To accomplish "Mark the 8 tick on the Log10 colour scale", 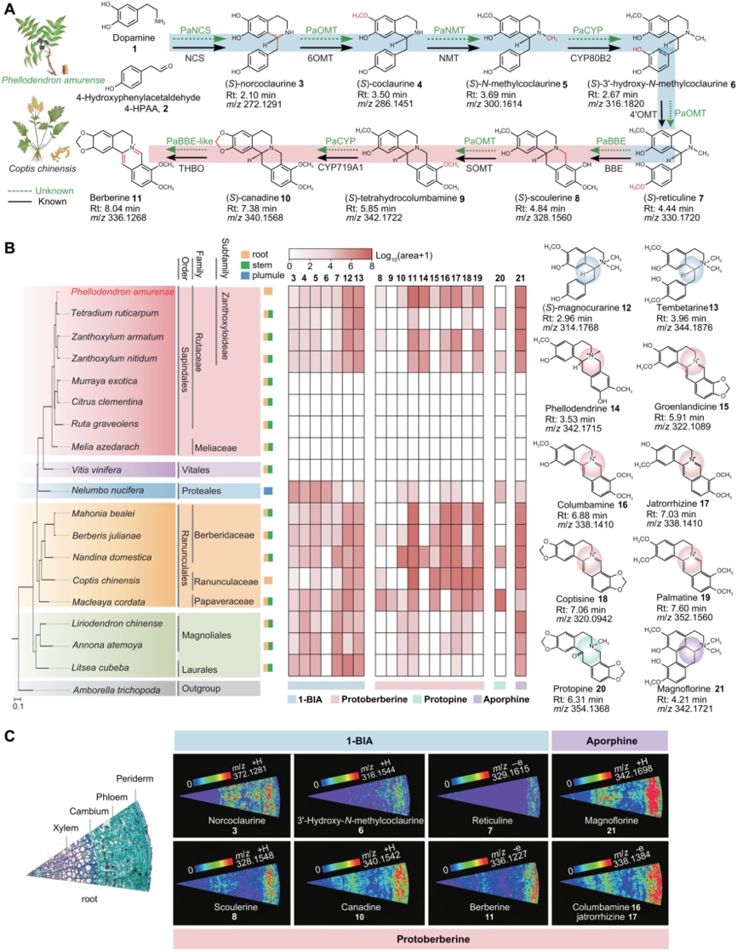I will pos(372,265).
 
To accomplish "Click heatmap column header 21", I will pos(521,278).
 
